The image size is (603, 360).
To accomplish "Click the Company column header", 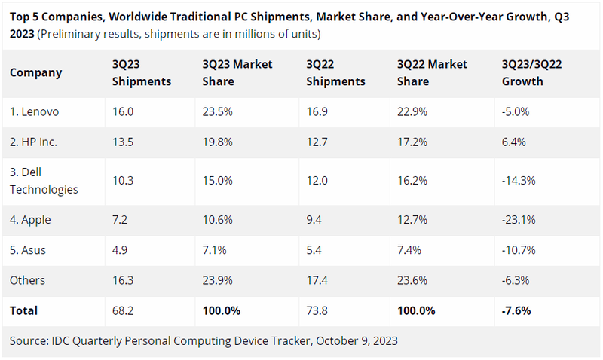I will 36,73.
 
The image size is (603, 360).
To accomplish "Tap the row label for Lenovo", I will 35,112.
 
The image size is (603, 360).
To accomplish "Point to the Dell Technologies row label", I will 44,182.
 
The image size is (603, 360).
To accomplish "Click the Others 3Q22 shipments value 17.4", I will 317,280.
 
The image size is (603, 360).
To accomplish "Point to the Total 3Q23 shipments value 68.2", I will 123,310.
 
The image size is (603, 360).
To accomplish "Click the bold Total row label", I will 23,310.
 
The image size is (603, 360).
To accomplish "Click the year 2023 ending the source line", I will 384,340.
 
